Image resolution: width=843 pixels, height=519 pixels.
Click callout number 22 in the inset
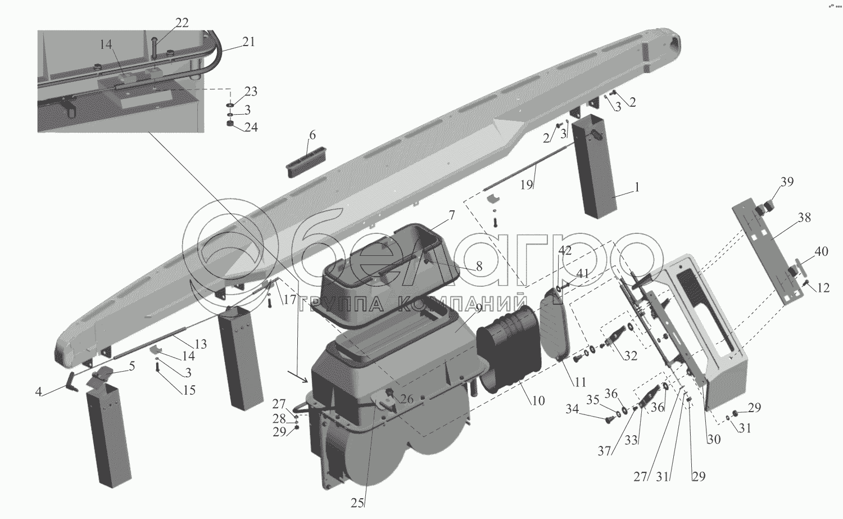click(x=182, y=23)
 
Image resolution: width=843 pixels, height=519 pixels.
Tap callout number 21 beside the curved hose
click(x=248, y=41)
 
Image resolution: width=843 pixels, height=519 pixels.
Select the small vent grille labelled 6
click(x=306, y=161)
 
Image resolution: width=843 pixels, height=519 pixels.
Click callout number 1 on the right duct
click(x=637, y=188)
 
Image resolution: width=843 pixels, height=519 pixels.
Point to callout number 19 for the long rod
click(x=525, y=185)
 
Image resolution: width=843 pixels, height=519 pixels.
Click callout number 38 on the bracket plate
click(x=804, y=218)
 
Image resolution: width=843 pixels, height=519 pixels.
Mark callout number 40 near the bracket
click(x=821, y=252)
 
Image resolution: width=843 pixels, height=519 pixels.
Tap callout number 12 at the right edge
click(x=823, y=288)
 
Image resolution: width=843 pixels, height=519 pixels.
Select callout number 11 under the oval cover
click(x=580, y=382)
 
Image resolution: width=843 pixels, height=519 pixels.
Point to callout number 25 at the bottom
click(x=357, y=503)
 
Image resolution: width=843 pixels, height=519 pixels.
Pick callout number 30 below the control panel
click(x=713, y=440)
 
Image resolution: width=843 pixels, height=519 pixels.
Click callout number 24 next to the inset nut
click(x=251, y=127)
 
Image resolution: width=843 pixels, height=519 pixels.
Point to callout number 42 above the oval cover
click(x=565, y=251)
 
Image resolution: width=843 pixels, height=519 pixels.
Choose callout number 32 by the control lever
click(x=631, y=355)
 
